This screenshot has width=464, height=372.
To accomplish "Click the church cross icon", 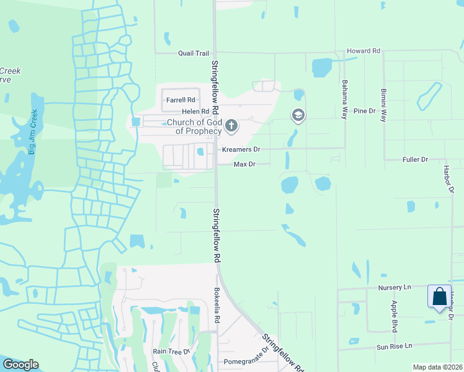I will click(231, 126).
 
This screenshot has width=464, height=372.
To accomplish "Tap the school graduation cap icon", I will click(298, 115).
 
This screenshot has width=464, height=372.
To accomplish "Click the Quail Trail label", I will click(194, 53).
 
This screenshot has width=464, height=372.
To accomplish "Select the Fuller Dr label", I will click(416, 159).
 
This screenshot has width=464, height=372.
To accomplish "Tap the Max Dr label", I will click(244, 164).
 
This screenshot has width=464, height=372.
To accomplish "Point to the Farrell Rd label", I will click(181, 99).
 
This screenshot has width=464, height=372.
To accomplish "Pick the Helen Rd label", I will click(192, 112).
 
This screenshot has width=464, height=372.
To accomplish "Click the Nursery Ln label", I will click(395, 288).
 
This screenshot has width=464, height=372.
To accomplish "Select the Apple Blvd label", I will click(394, 316).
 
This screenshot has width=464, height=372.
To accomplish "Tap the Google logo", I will click(21, 365).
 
